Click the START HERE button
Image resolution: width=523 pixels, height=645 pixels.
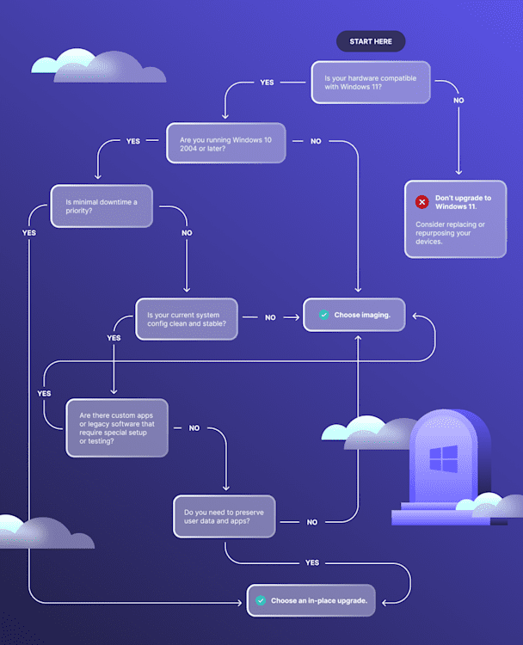(370, 41)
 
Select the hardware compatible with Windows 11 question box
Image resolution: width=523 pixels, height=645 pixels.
(370, 83)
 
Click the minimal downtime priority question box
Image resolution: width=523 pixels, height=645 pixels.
(102, 206)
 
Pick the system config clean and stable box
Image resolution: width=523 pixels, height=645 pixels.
(187, 318)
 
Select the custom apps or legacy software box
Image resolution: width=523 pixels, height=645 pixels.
(117, 427)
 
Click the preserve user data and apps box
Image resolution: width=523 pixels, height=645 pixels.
(224, 517)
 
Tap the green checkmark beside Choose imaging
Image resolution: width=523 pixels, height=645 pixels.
(323, 316)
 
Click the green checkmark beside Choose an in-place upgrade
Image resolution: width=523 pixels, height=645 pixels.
(260, 600)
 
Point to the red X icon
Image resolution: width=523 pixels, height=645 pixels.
(421, 202)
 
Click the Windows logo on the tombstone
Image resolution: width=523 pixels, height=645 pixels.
(443, 458)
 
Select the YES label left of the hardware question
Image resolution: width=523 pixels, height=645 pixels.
(267, 83)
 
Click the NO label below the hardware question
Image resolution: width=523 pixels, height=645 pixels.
(458, 101)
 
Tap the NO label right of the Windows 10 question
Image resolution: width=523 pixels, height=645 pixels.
(316, 141)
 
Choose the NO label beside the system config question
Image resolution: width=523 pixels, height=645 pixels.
(270, 317)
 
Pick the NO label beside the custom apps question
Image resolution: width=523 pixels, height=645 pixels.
(194, 427)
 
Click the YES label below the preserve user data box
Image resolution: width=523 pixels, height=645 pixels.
(311, 562)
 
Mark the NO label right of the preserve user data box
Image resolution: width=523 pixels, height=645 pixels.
(311, 522)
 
